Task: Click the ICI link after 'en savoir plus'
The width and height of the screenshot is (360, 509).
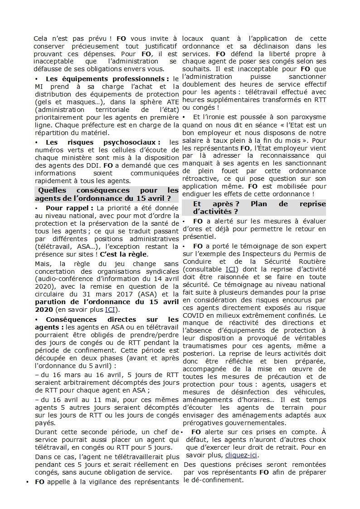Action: coord(110,310)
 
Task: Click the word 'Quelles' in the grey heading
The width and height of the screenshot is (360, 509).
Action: coord(51,190)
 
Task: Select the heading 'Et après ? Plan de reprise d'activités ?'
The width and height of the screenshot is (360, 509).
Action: coord(253,208)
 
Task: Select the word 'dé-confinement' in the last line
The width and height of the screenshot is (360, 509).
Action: coord(214,480)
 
